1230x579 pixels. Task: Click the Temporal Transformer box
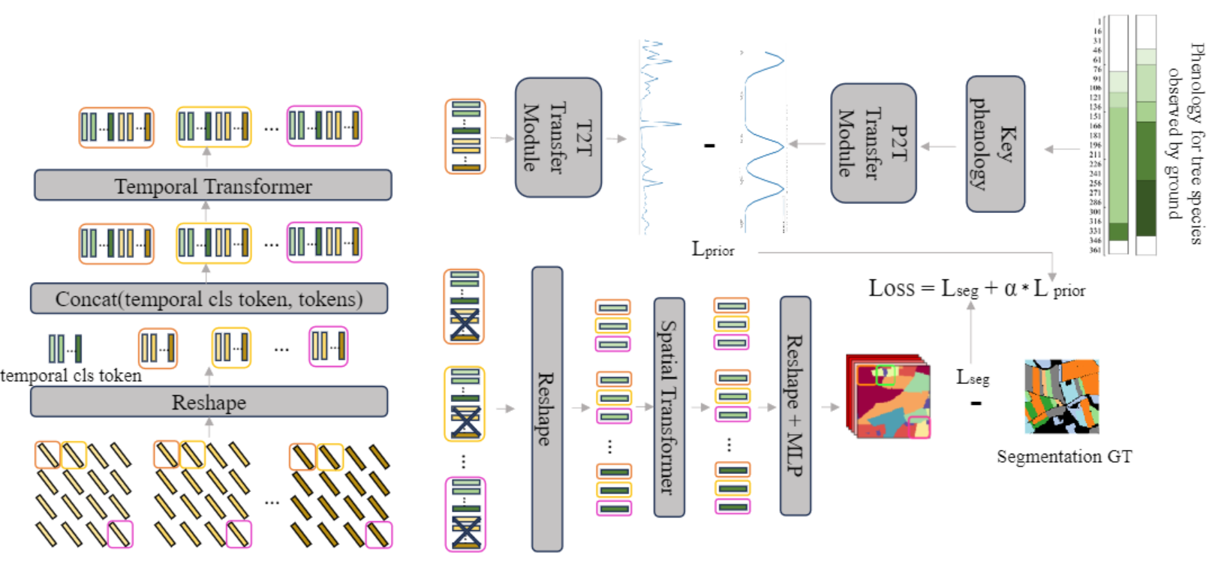[x=212, y=185]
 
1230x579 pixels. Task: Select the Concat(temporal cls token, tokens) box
[x=209, y=298]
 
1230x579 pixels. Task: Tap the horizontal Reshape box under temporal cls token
[x=209, y=402]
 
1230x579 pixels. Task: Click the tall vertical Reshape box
[x=546, y=409]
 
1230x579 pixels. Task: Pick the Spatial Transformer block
[x=668, y=406]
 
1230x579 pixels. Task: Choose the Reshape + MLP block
[x=795, y=405]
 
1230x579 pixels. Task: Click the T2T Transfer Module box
[x=558, y=137]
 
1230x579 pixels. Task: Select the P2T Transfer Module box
[x=873, y=142]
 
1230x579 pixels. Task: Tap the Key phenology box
[x=994, y=143]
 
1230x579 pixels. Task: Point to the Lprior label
[x=712, y=249]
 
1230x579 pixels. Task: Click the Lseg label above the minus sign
[x=972, y=377]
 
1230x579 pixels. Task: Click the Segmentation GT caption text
[x=1063, y=456]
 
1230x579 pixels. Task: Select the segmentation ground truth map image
[x=1061, y=397]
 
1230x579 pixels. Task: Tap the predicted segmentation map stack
[x=889, y=396]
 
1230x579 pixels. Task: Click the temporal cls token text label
[x=71, y=375]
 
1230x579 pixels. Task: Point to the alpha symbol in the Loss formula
[x=1010, y=289]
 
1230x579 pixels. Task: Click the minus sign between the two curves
[x=709, y=145]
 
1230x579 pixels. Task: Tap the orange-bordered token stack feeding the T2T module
[x=465, y=136]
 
